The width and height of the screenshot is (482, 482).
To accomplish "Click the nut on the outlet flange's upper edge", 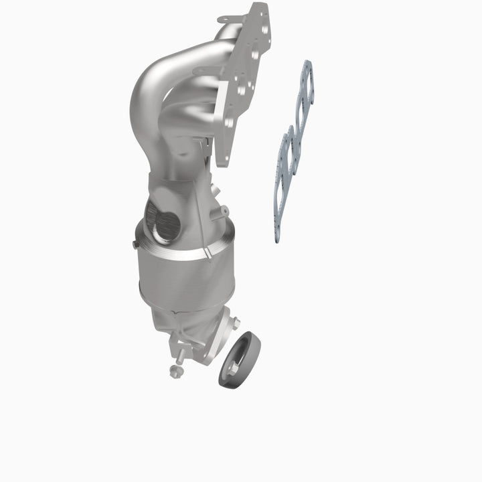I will click(x=234, y=323).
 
